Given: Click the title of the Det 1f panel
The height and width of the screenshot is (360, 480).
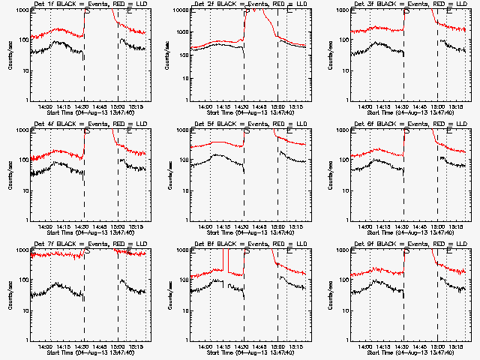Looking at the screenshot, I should pos(85,4).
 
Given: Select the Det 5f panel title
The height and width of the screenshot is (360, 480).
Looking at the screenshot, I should pos(246,124).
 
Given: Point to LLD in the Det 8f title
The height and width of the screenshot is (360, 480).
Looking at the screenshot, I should pos(301,244).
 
